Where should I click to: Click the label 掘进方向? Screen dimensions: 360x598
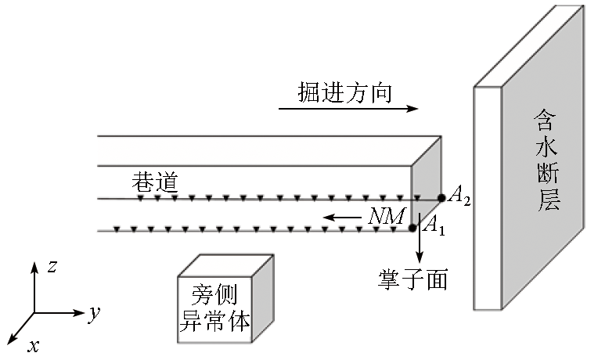[x=344, y=92]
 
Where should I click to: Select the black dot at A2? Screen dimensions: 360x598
[x=441, y=199]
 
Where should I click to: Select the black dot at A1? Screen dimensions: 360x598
[x=413, y=229]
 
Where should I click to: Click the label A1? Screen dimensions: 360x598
[x=434, y=226]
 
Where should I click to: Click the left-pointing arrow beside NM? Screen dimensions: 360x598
[x=342, y=217]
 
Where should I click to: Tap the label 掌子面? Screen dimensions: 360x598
[x=412, y=279]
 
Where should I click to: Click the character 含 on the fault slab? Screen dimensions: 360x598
[x=546, y=117]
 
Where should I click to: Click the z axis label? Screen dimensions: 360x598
[x=52, y=266]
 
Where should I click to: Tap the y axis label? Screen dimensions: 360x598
[x=95, y=314]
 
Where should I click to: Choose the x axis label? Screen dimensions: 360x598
[x=34, y=345]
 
